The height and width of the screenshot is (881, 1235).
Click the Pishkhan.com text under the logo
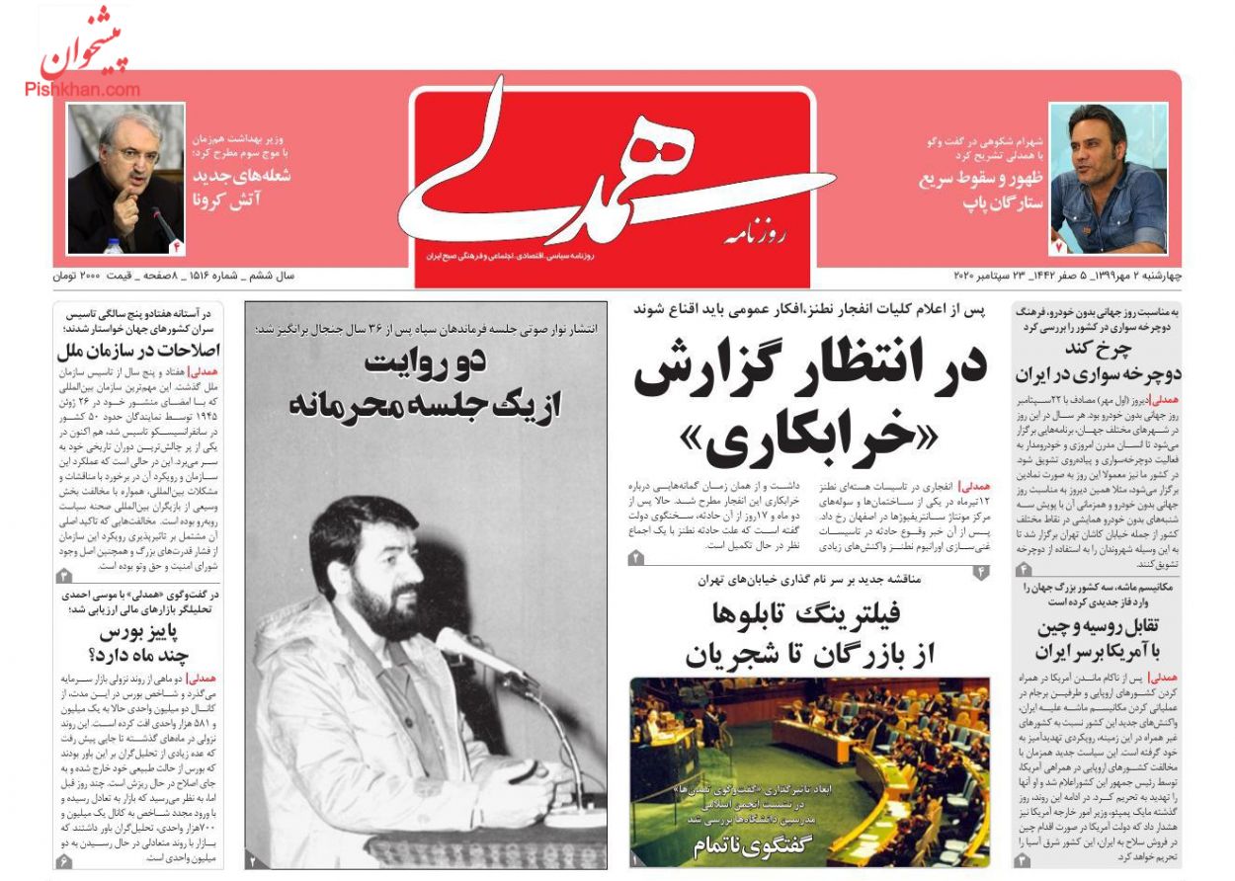click(83, 89)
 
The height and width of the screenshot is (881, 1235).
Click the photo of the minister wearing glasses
click(125, 178)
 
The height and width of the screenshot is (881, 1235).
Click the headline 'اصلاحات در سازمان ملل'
click(138, 351)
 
